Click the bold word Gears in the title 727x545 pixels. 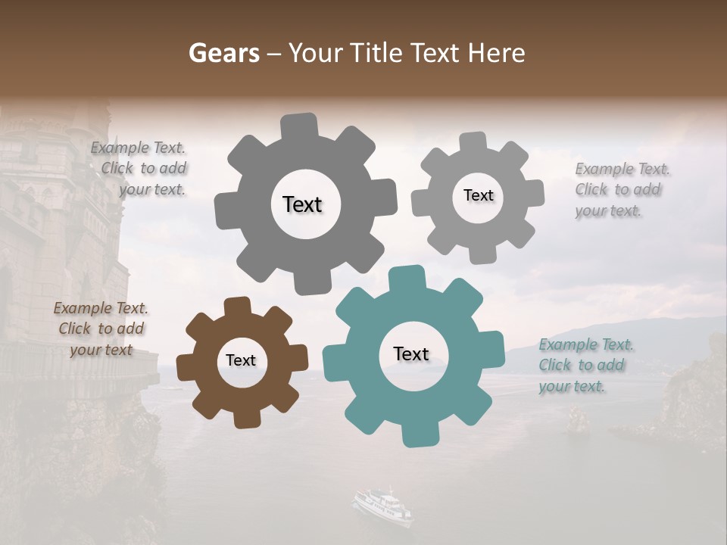tap(224, 53)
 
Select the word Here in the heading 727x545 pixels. tap(496, 53)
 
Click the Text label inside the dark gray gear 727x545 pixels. tap(302, 204)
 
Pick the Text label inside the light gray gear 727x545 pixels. tap(478, 195)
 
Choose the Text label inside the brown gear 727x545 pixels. tap(241, 361)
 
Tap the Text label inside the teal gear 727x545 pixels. tap(411, 354)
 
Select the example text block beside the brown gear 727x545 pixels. tap(101, 329)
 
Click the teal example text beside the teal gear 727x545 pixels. tap(585, 366)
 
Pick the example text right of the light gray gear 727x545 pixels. tap(621, 190)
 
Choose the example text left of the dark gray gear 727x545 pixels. tap(141, 169)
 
